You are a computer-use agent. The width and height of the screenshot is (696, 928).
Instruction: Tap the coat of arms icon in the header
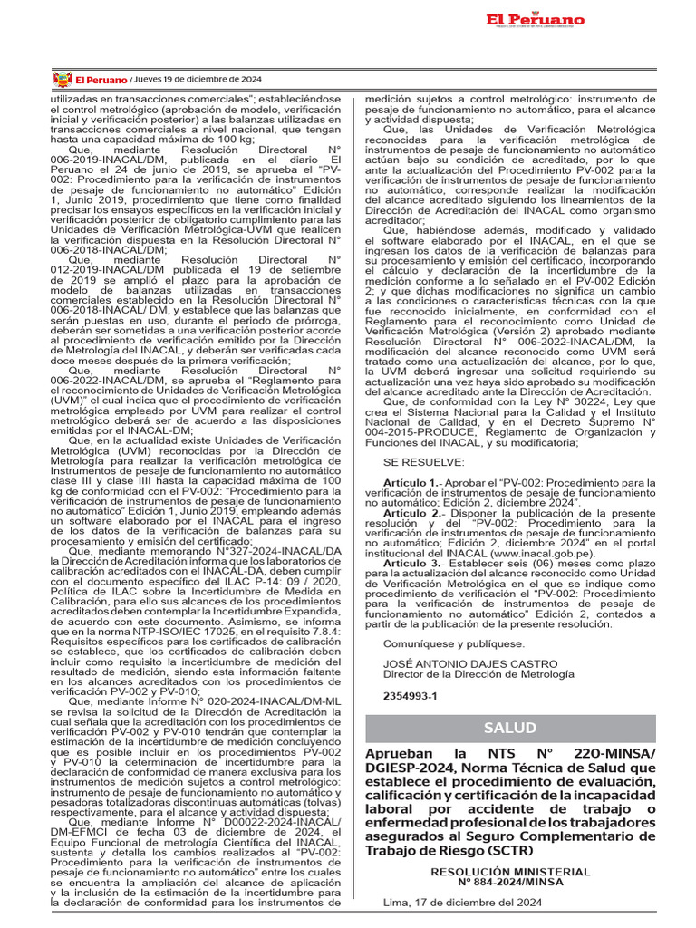point(63,79)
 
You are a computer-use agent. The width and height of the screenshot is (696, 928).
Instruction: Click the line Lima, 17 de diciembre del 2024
point(462,903)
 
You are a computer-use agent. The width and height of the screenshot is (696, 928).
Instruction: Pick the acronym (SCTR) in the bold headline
point(518,851)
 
